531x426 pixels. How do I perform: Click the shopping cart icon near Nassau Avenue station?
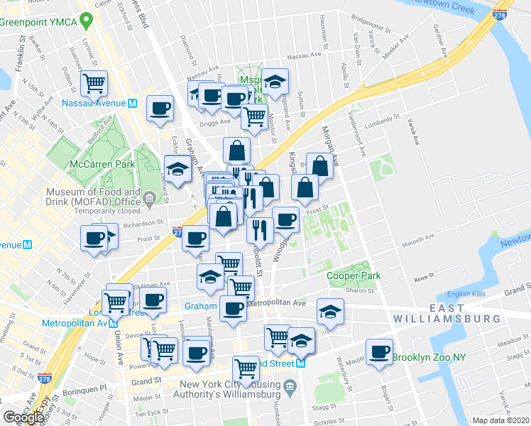[x=94, y=84]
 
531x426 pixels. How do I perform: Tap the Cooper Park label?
[x=354, y=275]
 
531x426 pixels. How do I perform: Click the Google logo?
[x=23, y=417]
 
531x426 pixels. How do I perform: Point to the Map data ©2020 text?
[x=500, y=420]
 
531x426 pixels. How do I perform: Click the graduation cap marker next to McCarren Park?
[x=177, y=170]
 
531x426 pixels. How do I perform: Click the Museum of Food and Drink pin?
[x=150, y=199]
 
